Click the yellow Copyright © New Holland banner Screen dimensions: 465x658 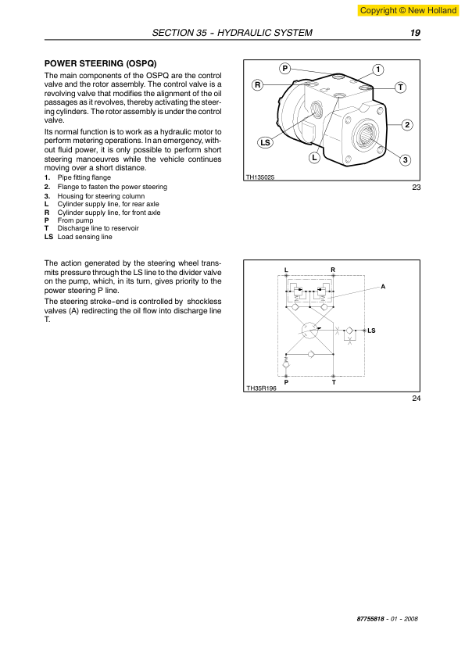(x=407, y=10)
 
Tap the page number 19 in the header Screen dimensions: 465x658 (x=415, y=33)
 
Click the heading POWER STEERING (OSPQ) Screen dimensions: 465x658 (x=100, y=64)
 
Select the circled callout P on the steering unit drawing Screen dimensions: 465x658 (x=285, y=69)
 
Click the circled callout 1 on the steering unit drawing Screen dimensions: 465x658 (x=378, y=70)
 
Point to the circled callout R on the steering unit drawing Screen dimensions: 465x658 (x=258, y=84)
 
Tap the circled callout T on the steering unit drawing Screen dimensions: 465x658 (x=400, y=88)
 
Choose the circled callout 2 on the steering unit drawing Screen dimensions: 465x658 (x=406, y=124)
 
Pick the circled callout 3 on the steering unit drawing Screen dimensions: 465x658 (x=405, y=160)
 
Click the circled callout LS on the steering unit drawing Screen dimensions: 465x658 (x=265, y=143)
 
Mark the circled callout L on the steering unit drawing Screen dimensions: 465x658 (x=314, y=158)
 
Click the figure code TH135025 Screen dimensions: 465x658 (x=260, y=177)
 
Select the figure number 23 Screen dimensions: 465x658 (x=416, y=188)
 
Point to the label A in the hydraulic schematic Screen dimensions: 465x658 (x=383, y=287)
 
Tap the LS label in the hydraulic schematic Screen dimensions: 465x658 (x=371, y=331)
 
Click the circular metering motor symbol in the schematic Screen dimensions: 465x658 (x=310, y=331)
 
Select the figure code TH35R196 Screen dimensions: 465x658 (x=262, y=388)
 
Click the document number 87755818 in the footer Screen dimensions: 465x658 (x=370, y=619)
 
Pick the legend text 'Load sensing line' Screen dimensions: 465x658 (x=84, y=237)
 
